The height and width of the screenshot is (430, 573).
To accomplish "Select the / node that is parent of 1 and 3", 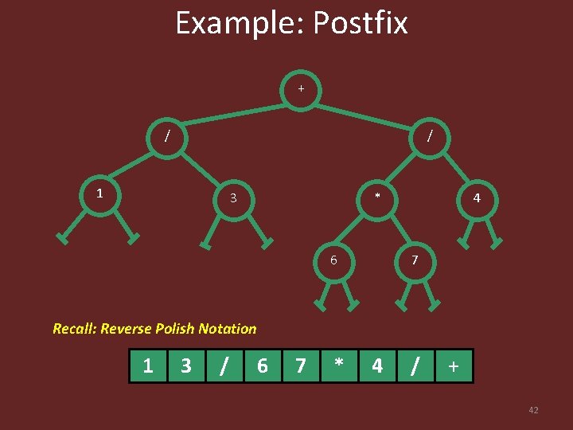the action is coord(166,135).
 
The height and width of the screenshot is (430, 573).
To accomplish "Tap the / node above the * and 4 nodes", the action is coord(430,135).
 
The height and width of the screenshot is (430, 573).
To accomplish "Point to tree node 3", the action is coord(232,197).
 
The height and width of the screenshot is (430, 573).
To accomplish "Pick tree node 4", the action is coord(476,197).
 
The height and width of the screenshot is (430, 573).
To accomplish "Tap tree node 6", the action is coord(334,260).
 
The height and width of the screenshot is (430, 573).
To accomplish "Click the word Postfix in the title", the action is coord(360,23).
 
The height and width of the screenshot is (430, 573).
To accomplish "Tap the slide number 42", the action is coord(533,410).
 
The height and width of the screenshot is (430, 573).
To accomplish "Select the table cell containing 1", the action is coord(148,366).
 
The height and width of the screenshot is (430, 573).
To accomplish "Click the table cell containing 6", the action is coord(263,366).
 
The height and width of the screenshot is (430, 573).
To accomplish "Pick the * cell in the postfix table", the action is coord(339,366).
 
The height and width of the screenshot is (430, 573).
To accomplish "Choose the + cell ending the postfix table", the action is coord(454,366).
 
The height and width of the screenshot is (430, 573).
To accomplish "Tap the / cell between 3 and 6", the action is coord(224,366).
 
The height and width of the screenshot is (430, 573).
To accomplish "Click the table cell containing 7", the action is coord(301,366).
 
